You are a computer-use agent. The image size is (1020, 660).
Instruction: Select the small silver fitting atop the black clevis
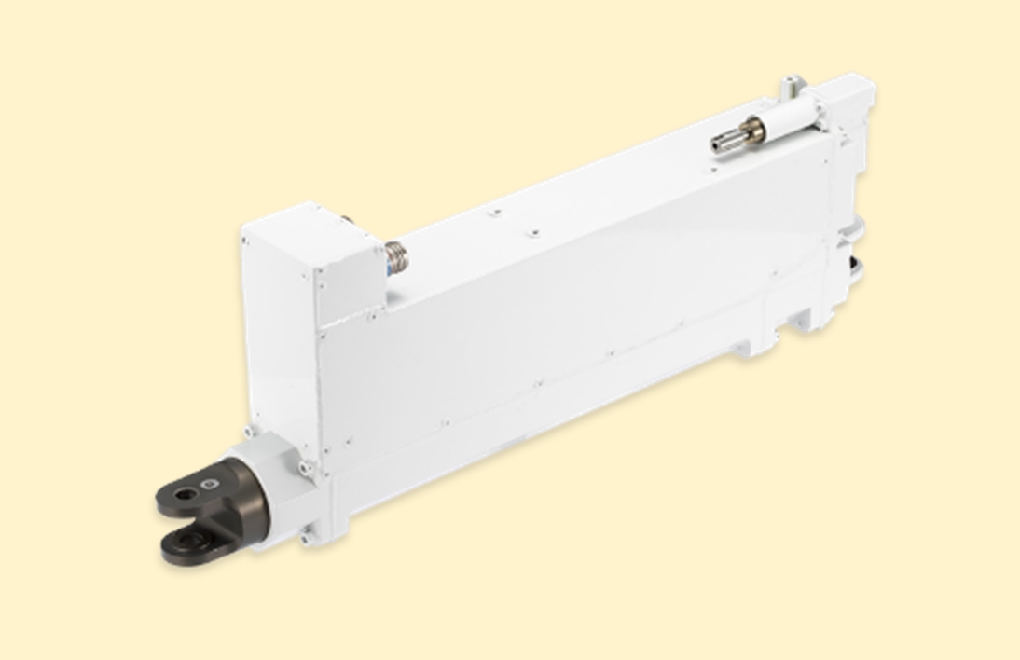pyautogui.click(x=212, y=483)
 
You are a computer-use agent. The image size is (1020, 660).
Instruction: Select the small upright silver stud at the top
pyautogui.click(x=791, y=87)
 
